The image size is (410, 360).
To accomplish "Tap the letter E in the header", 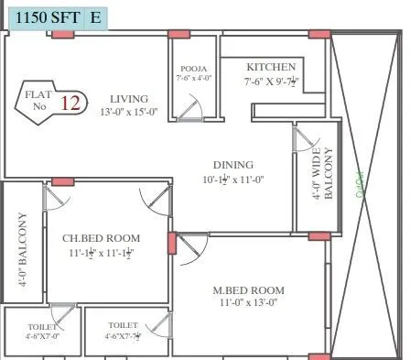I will point(96,16).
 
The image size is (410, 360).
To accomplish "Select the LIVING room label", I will point(129,98).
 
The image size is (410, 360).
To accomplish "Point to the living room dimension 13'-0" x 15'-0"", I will point(129,112).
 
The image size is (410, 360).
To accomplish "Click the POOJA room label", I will point(193,68).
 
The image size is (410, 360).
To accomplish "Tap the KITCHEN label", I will point(271,67).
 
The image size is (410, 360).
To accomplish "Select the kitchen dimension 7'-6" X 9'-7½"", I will point(271,82).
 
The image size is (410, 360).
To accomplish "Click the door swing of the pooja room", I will point(191,109).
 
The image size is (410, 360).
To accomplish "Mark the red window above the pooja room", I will point(179,34).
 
